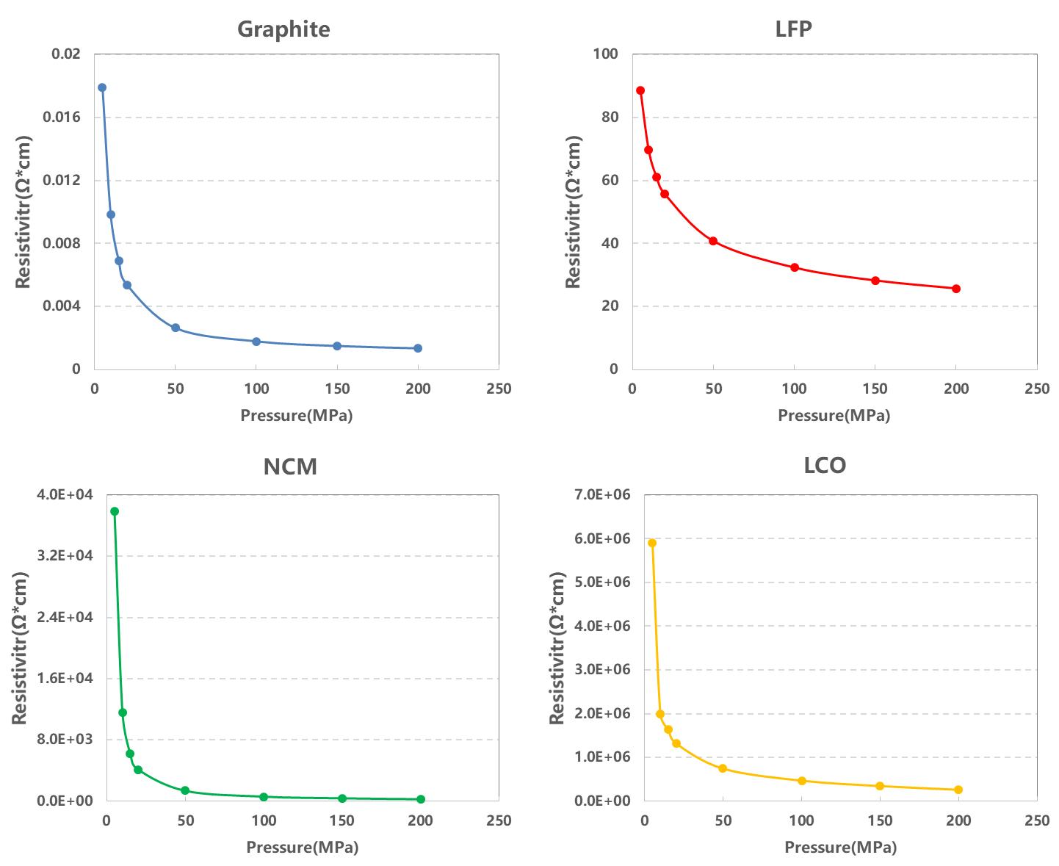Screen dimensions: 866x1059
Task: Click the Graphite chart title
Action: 283,29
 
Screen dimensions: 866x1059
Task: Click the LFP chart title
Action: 794,29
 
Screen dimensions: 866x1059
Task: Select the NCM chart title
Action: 290,466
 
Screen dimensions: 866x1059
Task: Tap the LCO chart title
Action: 825,466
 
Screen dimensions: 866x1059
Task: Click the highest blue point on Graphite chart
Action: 102,87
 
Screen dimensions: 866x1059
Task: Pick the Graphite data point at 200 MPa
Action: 418,348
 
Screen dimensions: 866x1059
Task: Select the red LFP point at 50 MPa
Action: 713,241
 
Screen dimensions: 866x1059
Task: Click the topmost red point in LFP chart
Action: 640,90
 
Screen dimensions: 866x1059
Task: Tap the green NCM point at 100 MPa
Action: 264,797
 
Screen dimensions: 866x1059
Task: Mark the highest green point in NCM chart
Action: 115,511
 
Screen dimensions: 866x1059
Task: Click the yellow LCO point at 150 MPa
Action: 880,786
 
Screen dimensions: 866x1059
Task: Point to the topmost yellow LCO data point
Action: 652,543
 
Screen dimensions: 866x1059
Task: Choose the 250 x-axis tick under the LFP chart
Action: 1036,389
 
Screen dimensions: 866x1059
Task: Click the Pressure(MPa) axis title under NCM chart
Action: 302,848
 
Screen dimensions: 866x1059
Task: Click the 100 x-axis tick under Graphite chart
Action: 256,389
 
